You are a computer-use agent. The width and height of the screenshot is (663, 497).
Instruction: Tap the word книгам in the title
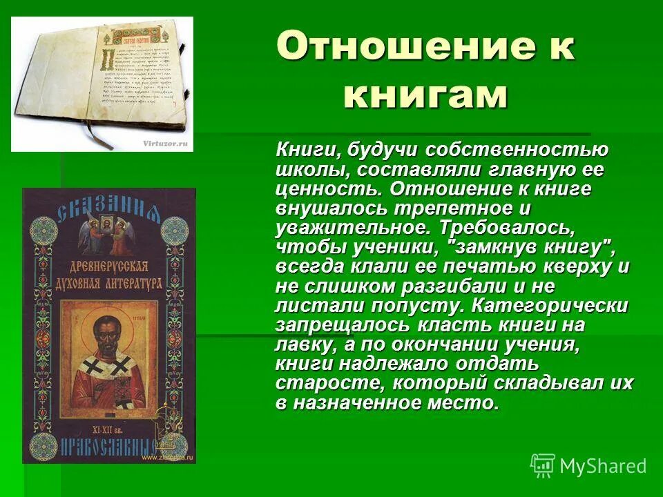coord(425,95)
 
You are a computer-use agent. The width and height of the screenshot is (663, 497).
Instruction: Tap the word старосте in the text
coord(317,382)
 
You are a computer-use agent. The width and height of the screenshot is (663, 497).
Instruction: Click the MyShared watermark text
coord(603,466)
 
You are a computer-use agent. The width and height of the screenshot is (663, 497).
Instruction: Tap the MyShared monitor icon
coord(543,465)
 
